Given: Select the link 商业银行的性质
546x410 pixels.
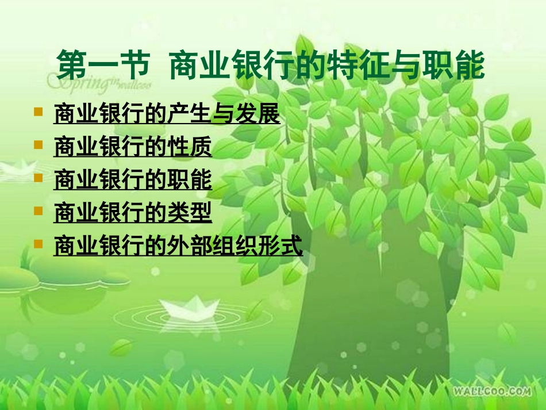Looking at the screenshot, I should pyautogui.click(x=133, y=148).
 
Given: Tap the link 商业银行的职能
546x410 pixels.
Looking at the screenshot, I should pyautogui.click(x=133, y=181).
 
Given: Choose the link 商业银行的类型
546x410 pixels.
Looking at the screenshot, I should pyautogui.click(x=133, y=213).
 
